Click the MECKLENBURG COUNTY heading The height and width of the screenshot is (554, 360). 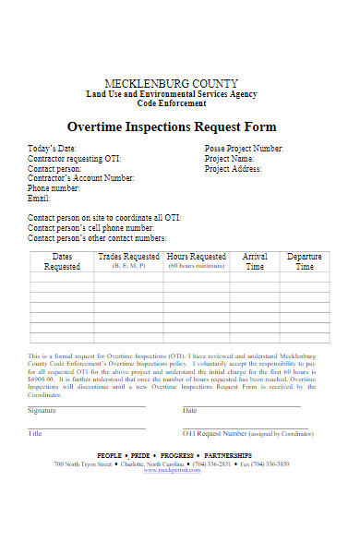click(172, 84)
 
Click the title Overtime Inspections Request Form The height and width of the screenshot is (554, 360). click(172, 126)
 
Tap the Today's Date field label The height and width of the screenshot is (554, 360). click(52, 149)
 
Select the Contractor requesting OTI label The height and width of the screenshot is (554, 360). click(74, 159)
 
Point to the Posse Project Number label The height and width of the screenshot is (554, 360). click(244, 149)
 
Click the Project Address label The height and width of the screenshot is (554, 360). click(233, 169)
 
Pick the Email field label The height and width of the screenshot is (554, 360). click(39, 199)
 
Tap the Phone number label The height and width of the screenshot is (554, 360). click(54, 188)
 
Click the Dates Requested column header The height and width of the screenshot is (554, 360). click(63, 261)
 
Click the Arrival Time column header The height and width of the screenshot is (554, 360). click(254, 261)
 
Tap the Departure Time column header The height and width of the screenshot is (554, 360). click(304, 261)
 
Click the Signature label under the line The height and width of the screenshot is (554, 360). click(42, 410)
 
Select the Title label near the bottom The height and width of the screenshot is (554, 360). click(35, 433)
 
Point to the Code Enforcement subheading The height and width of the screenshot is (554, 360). click(172, 105)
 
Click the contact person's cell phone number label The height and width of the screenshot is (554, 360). click(90, 227)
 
